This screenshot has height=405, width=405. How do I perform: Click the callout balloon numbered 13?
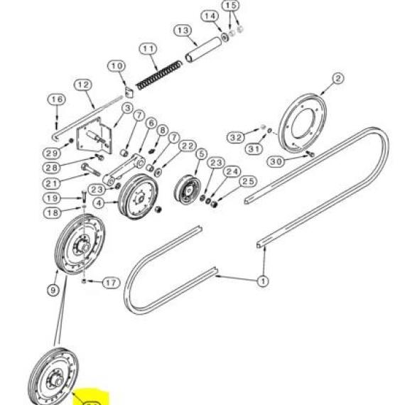pos(183,31)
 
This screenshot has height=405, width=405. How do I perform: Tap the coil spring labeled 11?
pos(159,75)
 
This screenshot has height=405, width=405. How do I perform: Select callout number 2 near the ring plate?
pos(337,78)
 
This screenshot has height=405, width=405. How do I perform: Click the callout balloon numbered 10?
pos(117,66)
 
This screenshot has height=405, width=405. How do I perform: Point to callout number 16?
pos(57,99)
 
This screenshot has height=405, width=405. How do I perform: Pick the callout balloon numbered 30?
pos(276,162)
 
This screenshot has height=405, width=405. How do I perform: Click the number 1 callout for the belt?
pos(263,281)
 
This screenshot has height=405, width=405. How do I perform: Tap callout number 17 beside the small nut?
pos(112,283)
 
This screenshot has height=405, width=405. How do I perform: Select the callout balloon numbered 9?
pos(53,291)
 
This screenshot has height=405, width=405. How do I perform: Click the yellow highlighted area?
pos(90,396)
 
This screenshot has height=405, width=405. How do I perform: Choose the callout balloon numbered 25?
pos(248,181)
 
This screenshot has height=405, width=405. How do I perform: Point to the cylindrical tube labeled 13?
pos(203,50)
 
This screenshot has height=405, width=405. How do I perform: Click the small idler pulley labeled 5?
pos(188,190)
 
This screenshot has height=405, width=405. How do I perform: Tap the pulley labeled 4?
pos(138,197)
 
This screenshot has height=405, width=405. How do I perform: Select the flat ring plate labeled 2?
pos(302,124)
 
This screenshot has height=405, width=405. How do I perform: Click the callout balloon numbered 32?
pos(236,137)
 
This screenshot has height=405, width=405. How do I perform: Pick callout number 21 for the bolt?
pos(51,183)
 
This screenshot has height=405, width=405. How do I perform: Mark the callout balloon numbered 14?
pos(210,16)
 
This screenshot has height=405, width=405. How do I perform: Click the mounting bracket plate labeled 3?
pos(94,136)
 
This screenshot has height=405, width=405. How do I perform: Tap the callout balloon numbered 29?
pos(51,153)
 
